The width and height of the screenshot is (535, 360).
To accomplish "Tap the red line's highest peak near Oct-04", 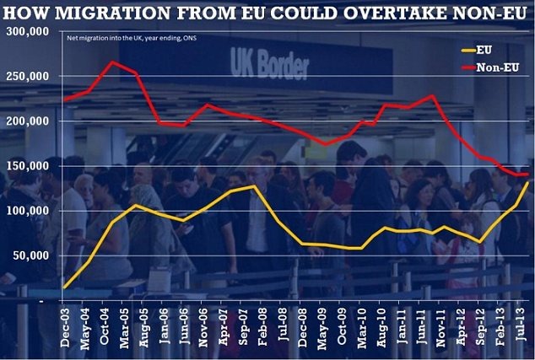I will [x=112, y=62].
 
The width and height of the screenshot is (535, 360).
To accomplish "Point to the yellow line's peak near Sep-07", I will [x=253, y=186].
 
